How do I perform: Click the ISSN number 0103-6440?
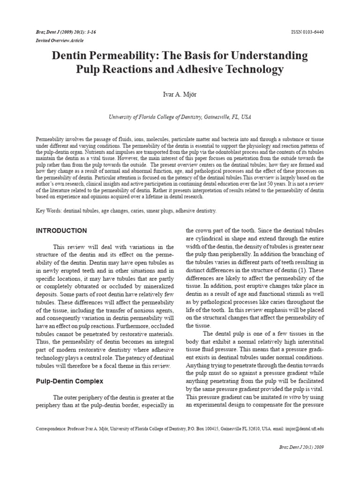click(x=307, y=32)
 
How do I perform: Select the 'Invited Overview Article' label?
click(x=60, y=40)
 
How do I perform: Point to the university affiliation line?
click(x=180, y=117)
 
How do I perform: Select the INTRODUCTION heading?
click(x=61, y=231)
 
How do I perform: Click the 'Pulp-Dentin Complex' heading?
click(x=69, y=382)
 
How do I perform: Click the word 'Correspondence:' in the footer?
click(x=51, y=428)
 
